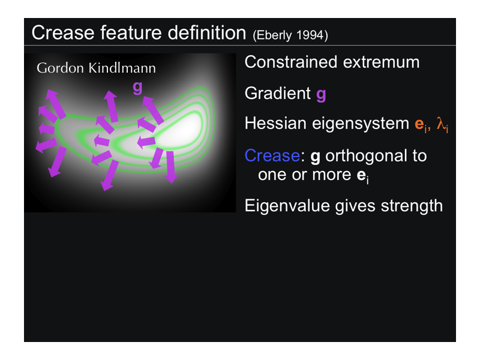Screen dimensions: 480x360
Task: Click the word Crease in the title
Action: pos(63,33)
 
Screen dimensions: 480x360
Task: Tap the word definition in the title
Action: pos(207,32)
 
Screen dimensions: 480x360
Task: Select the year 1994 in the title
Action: pos(309,35)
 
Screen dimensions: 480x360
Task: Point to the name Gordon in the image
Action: pos(61,68)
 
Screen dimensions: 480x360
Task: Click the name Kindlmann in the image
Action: pos(122,68)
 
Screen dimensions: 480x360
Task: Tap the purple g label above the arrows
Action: pos(138,88)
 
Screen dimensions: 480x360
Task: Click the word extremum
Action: pos(381,63)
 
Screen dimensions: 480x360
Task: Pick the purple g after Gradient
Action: pos(321,95)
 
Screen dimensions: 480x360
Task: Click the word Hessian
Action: pos(275,124)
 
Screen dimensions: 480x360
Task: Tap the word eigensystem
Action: pos(361,124)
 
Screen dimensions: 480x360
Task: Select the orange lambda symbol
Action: pos(442,124)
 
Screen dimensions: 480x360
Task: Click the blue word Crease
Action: pos(272,155)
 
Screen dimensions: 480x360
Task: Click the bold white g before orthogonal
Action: pos(316,157)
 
